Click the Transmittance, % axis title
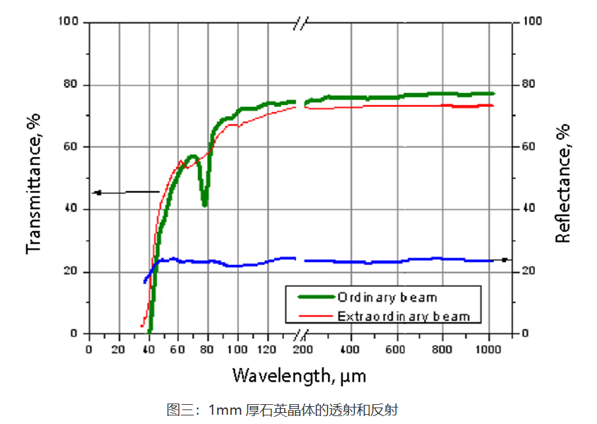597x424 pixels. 34,183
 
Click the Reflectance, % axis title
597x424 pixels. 563,183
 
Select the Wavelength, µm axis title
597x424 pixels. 298,376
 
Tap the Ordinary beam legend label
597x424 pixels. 387,297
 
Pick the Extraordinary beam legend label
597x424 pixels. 404,316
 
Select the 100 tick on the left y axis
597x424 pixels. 70,22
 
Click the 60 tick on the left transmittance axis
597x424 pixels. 73,147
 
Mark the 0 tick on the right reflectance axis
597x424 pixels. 526,334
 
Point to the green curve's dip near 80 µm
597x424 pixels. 205,203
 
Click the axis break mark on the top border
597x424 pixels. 300,23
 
